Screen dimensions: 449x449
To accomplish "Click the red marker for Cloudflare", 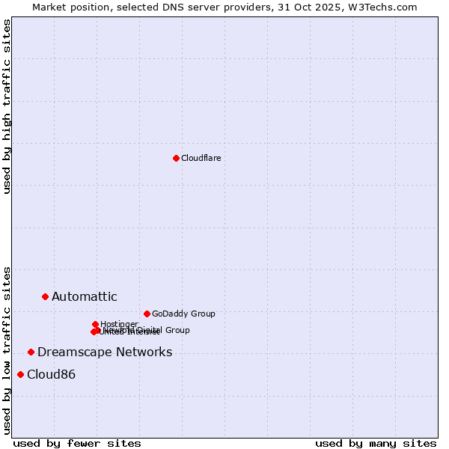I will pos(176,158).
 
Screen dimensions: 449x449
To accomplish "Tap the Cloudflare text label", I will pos(201,158).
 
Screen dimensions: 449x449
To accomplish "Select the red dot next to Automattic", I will pos(45,297).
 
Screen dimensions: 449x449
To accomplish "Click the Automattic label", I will pos(84,297).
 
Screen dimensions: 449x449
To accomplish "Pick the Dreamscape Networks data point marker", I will pos(31,352).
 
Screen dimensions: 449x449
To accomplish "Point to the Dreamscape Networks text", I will pos(105,352).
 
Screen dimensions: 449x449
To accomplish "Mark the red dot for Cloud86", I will pos(20,374).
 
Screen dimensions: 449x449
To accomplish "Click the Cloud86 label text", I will pos(51,375).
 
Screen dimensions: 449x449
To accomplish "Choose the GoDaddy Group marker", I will pos(147,314).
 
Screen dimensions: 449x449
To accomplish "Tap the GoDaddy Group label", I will pos(183,314).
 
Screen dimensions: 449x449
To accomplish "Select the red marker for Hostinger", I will pos(95,324).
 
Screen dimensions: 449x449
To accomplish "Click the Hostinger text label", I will pos(119,324).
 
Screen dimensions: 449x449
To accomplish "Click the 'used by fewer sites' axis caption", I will pos(77,443).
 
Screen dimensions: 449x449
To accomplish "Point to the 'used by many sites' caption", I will pos(376,443).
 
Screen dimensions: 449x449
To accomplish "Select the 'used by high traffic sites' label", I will pos(7,106).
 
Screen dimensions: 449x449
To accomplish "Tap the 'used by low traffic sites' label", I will pos(7,350).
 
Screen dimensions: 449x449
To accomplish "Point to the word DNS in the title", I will pos(161,7).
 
